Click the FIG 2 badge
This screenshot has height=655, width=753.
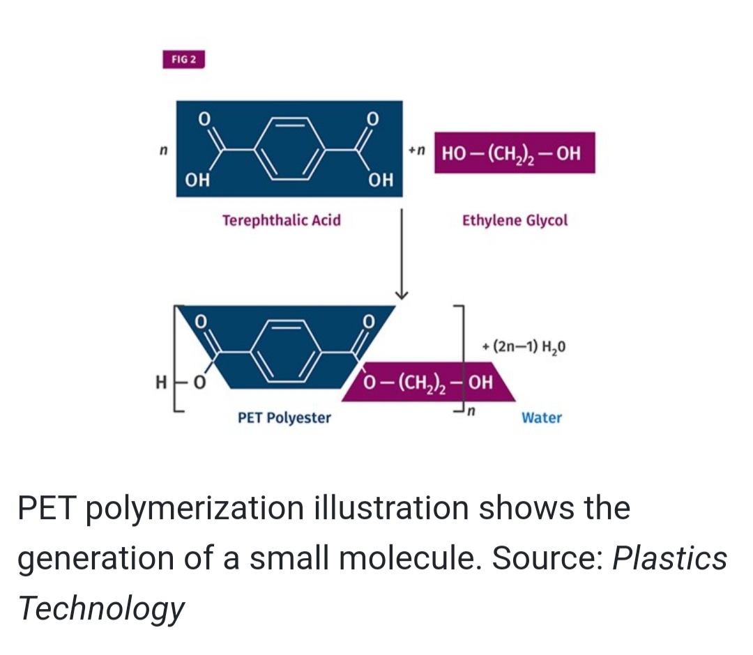click(x=184, y=59)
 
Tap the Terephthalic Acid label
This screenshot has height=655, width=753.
click(x=282, y=220)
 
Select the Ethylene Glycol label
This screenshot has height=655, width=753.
click(x=515, y=220)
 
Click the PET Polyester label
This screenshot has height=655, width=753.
click(x=284, y=417)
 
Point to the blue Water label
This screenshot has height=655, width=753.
click(x=542, y=417)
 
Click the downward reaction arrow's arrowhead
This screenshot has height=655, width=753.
click(x=402, y=293)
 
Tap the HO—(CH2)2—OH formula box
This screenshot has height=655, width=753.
click(x=515, y=153)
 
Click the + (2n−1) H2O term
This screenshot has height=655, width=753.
click(x=524, y=346)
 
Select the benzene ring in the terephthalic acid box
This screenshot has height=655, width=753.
click(x=289, y=148)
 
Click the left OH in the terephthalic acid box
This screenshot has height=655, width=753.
click(x=197, y=180)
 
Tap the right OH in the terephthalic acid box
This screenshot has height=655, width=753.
click(x=381, y=180)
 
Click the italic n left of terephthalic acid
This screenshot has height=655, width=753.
click(x=164, y=151)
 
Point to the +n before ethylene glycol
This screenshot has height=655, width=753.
click(x=418, y=151)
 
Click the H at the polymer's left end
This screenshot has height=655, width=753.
click(x=161, y=383)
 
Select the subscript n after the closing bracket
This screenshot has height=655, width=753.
click(x=471, y=411)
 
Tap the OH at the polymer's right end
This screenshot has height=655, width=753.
click(x=480, y=383)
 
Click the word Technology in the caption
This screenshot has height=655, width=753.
click(x=101, y=608)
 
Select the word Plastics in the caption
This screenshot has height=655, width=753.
click(x=669, y=557)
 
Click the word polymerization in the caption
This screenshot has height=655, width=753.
click(x=195, y=508)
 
